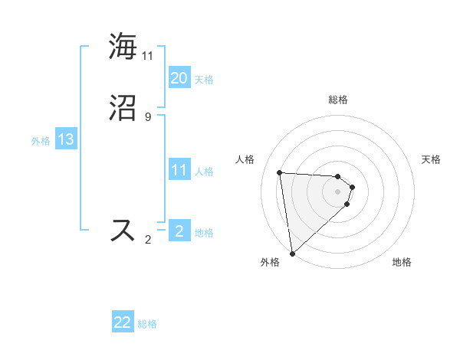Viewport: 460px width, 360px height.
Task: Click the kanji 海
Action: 123,46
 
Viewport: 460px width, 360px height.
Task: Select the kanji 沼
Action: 123,108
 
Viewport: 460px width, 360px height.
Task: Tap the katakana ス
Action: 123,231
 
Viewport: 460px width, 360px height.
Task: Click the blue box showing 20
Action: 179,78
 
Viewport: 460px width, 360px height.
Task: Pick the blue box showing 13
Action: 65,139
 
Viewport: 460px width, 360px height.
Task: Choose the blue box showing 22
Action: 123,322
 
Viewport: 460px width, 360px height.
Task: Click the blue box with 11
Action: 179,170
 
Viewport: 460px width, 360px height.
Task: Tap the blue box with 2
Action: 179,231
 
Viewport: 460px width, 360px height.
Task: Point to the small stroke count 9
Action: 147,116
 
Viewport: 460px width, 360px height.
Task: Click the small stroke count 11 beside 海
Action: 148,55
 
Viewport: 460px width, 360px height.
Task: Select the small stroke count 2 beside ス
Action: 147,240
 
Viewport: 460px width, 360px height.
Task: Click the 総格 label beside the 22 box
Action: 147,324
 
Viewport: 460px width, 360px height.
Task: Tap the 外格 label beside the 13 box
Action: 41,141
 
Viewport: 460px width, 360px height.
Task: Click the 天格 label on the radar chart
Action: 431,159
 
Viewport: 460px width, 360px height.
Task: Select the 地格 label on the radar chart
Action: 402,262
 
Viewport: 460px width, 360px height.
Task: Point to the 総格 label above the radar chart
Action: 338,100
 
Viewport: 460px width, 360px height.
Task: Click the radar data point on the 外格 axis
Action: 291,253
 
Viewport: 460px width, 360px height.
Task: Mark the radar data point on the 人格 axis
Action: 280,172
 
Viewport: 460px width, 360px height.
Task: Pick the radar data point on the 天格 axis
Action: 353,187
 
